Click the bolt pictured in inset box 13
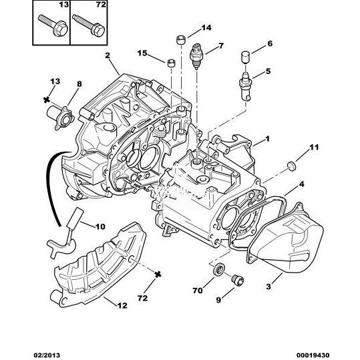pyautogui.click(x=53, y=25)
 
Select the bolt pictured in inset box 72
pyautogui.click(x=89, y=25)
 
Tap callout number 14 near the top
pyautogui.click(x=206, y=28)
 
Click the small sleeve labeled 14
pyautogui.click(x=181, y=40)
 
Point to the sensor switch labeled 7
pyautogui.click(x=196, y=56)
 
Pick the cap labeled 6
pyautogui.click(x=245, y=57)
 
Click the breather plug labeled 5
pyautogui.click(x=245, y=86)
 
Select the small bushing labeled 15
pyautogui.click(x=171, y=63)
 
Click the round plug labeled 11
pyautogui.click(x=292, y=166)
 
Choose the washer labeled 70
pyautogui.click(x=219, y=269)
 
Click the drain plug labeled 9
pyautogui.click(x=237, y=280)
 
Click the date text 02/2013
pyautogui.click(x=47, y=355)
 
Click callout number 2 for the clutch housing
pyautogui.click(x=108, y=55)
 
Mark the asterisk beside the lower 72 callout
pyautogui.click(x=158, y=274)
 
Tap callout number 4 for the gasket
pyautogui.click(x=301, y=184)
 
